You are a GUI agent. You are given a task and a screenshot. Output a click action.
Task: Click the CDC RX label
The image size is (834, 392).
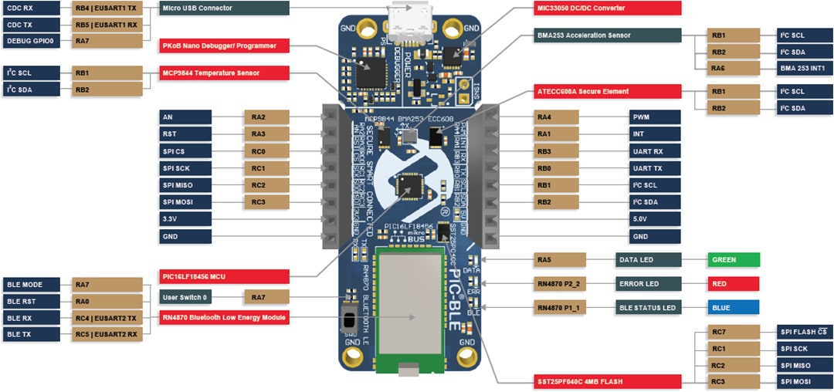coord(29,8)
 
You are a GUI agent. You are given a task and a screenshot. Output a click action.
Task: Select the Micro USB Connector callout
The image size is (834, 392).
coord(225,8)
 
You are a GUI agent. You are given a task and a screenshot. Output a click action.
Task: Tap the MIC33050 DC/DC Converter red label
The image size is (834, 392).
coord(609,8)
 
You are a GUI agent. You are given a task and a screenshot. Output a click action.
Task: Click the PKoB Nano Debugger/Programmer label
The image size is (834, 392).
coord(225,46)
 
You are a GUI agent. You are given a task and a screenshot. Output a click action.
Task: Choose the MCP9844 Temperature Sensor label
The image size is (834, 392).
coord(225,73)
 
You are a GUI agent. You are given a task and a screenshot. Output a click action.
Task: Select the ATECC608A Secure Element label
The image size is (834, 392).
coord(609,92)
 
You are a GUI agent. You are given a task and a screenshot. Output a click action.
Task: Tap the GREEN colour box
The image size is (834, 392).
coord(733,260)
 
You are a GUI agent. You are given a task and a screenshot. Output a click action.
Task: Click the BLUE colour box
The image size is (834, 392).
coord(733,307)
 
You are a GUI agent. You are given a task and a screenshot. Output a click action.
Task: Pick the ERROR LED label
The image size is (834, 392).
coord(649,284)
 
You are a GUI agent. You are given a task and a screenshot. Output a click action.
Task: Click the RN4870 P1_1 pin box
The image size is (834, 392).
coord(560,307)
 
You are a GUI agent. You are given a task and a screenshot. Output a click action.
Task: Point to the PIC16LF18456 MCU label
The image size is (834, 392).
coord(225,276)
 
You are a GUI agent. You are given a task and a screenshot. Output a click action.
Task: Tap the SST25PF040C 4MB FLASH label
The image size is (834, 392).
coord(609,381)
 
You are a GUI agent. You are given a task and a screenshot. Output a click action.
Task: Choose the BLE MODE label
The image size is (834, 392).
coord(29,284)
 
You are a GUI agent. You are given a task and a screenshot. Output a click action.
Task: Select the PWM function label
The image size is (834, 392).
coord(654,117)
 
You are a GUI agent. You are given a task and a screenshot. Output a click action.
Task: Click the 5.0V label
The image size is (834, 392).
coord(654,218)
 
